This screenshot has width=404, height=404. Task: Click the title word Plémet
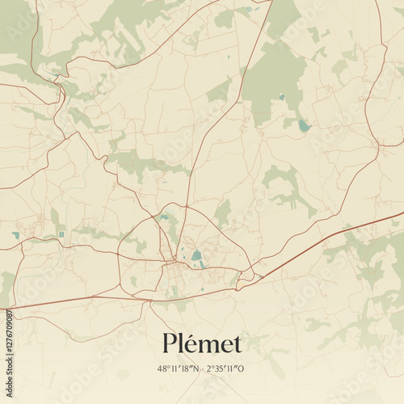(x=201, y=343)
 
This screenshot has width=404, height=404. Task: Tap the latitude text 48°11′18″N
(x=181, y=368)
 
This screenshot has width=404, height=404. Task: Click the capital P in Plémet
(x=169, y=343)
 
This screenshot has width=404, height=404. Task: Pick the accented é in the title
(x=191, y=343)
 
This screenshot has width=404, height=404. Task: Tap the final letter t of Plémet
(x=236, y=345)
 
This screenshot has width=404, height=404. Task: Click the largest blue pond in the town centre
(x=196, y=256)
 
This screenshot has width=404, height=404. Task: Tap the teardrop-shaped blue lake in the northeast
(x=303, y=125)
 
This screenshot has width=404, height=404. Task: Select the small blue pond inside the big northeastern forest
(x=281, y=96)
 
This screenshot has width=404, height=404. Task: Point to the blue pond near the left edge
(x=15, y=235)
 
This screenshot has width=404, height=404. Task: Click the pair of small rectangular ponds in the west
(x=61, y=234)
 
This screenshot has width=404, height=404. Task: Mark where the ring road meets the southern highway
(x=152, y=300)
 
